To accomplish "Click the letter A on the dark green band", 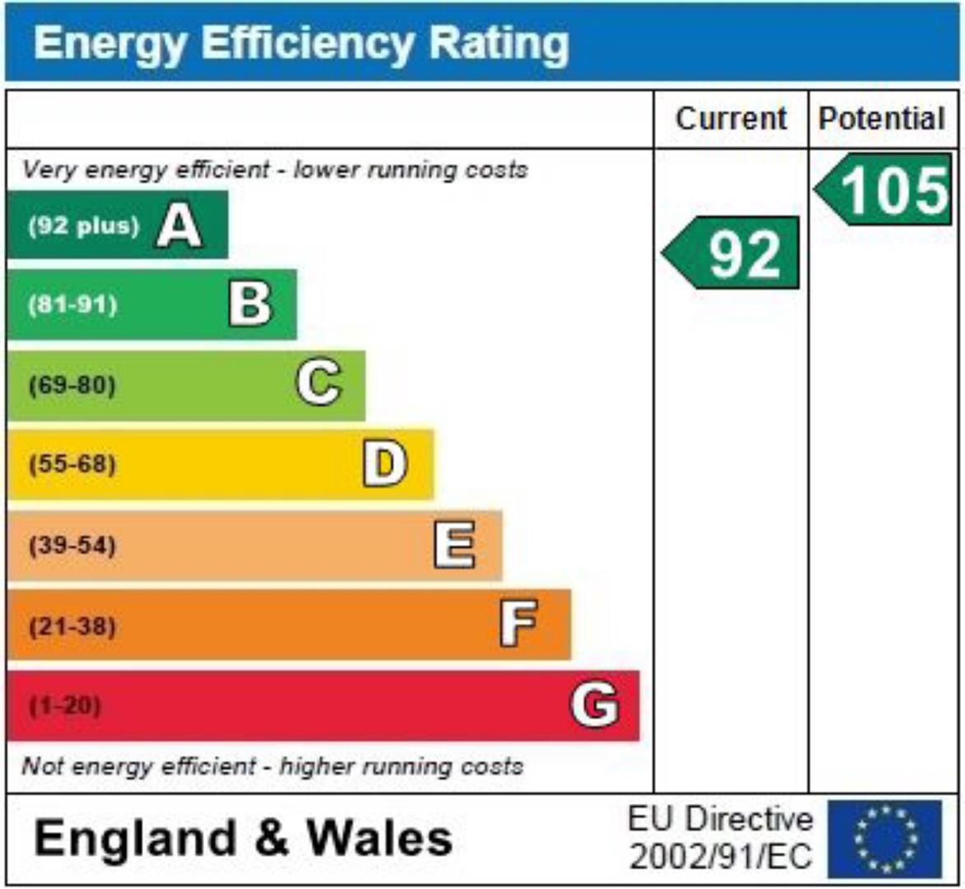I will coord(179,226).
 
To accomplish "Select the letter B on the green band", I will coord(249,305).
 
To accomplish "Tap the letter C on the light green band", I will coord(318,384).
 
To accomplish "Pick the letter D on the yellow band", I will coord(385,464).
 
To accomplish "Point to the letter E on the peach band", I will coord(454,545).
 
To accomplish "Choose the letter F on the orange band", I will coord(519,624).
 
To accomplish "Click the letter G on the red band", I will coord(595,705).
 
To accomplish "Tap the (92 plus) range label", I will coord(84,226).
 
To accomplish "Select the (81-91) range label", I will coord(72,305).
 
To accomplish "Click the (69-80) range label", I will coord(72,384).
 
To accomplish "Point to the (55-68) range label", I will coord(72,464).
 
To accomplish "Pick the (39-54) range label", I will coord(72,545).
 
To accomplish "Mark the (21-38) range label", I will coord(72,626).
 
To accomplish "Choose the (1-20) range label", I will coord(65,705).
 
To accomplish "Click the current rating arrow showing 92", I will coord(731,253).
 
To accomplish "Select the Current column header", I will coord(731,119).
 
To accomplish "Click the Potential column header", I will coord(882,119).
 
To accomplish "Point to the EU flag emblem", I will coord(885,838).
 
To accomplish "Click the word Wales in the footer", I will coord(379,839).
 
